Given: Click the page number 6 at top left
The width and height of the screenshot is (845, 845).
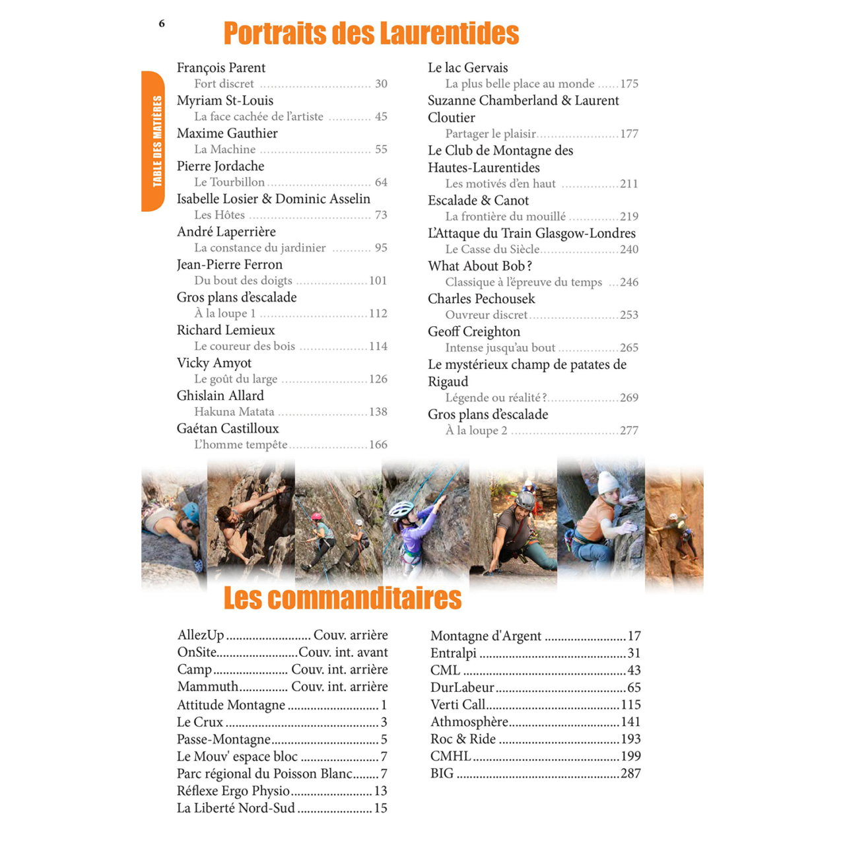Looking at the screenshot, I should [x=162, y=24].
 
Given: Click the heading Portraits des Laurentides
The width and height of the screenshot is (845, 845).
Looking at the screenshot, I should [x=371, y=34].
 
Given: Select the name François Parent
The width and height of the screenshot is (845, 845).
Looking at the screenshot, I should [x=220, y=68].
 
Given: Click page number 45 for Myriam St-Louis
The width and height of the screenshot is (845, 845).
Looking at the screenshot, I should [x=381, y=117].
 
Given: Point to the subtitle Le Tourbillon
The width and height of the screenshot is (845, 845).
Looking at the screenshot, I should [x=229, y=182].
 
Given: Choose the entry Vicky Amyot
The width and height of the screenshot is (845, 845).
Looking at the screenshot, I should [x=214, y=363].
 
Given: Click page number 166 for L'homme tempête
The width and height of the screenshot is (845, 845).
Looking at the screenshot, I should [x=378, y=445].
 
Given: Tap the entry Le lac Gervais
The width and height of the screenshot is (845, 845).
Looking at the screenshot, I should [x=467, y=68].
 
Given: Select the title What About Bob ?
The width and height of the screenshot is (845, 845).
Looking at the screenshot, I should [x=479, y=266].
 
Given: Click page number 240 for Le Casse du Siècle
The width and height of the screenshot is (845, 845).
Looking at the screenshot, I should [x=629, y=250].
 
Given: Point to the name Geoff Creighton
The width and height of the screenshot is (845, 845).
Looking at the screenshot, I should [x=473, y=332].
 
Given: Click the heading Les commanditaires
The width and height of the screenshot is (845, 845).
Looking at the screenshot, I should [x=342, y=598].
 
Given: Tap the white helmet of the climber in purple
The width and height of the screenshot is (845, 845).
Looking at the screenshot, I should [x=400, y=509].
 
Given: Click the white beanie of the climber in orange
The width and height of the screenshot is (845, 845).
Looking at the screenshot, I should [x=607, y=482].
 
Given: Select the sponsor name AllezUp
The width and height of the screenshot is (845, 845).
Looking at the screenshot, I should [x=201, y=635].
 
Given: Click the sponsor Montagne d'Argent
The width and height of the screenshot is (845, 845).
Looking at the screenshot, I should [x=485, y=636].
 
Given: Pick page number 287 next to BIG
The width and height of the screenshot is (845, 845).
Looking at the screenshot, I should [x=630, y=774].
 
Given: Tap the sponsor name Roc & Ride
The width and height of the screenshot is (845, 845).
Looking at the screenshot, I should [x=463, y=739].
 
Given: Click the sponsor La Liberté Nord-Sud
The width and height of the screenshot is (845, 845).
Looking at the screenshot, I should [x=236, y=808].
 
